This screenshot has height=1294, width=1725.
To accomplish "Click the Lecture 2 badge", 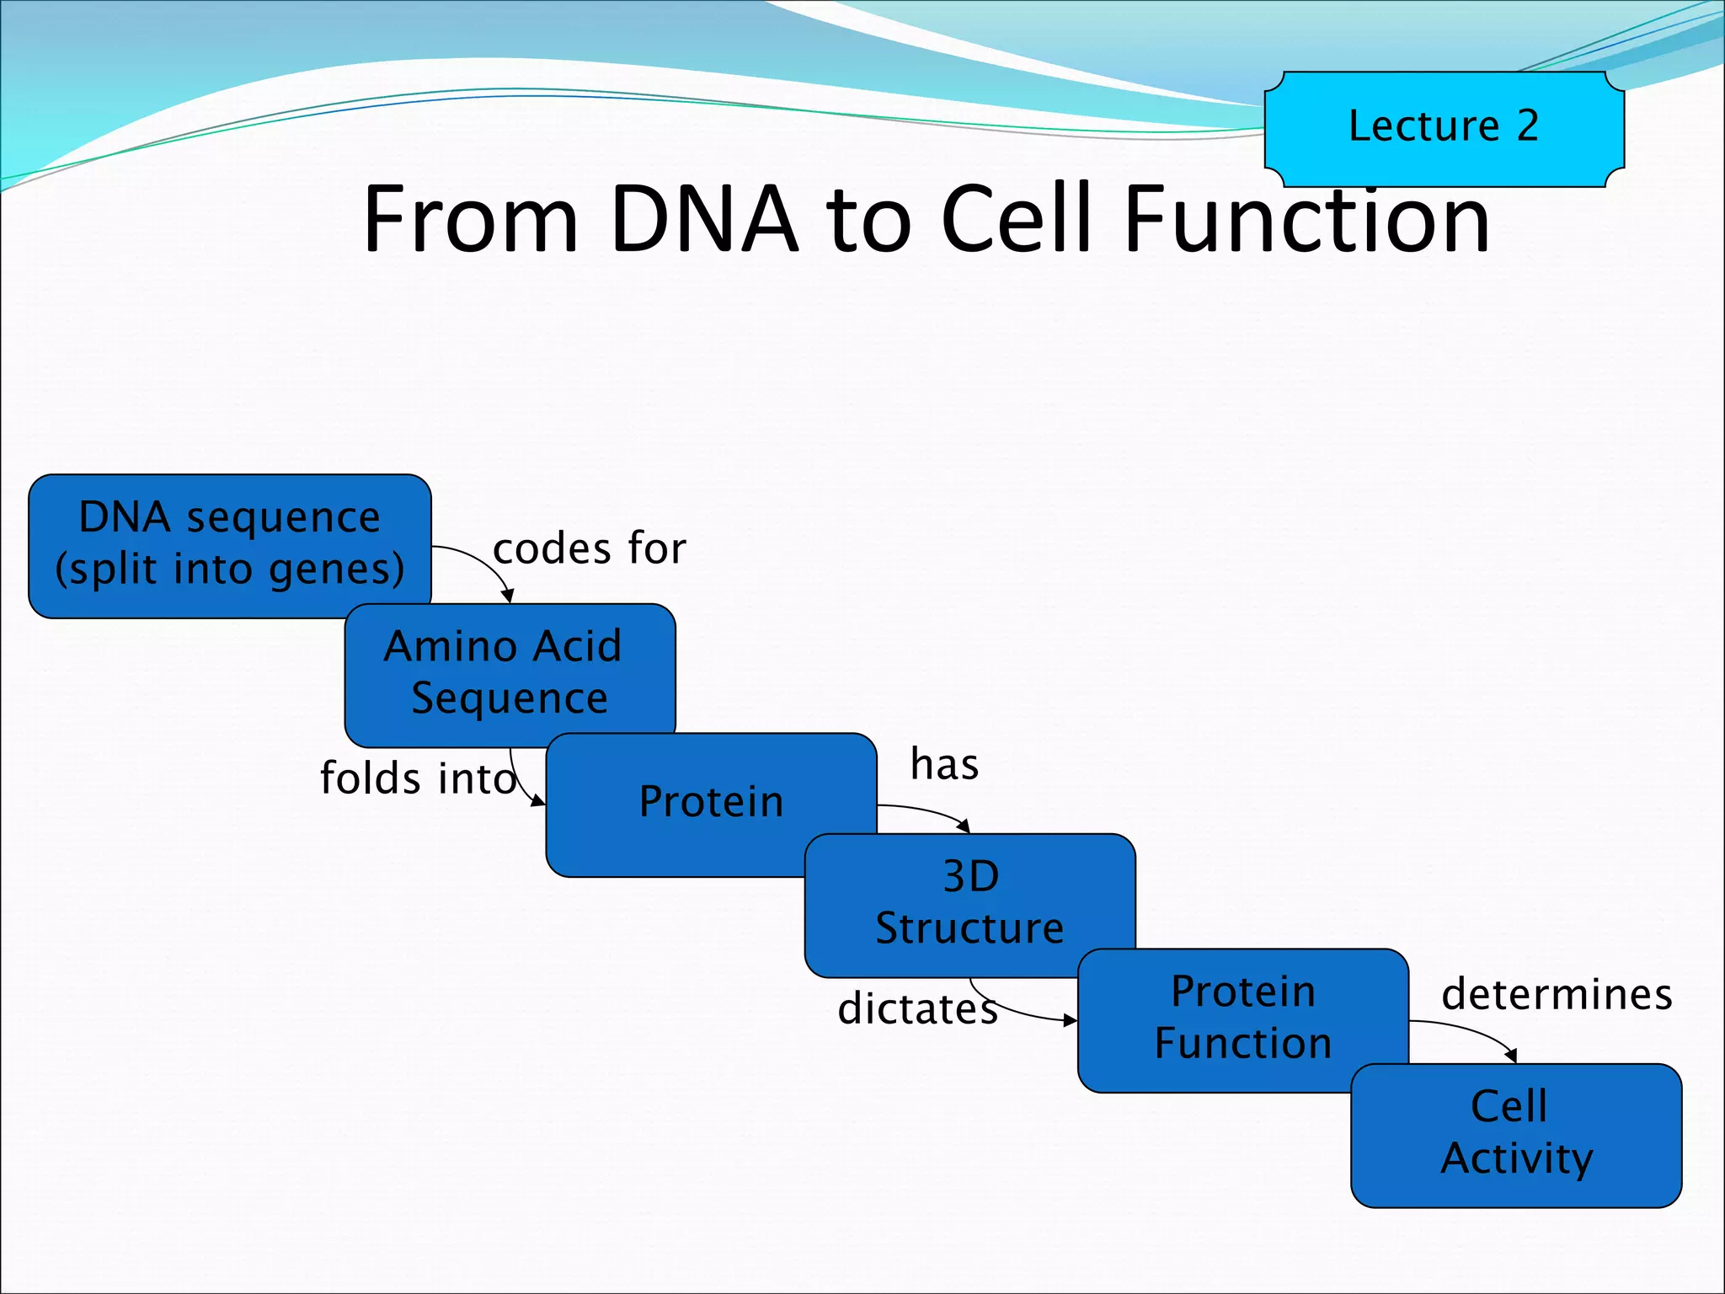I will (1444, 128).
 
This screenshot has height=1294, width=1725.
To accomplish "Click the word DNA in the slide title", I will (703, 221).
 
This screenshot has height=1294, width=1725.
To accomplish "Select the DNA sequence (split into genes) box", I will (229, 543).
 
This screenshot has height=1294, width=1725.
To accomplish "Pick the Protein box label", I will (711, 801).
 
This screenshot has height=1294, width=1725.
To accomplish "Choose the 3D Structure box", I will (969, 902).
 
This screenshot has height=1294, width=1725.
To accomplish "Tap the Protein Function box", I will (1242, 1018).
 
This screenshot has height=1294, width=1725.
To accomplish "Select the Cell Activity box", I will (1516, 1133).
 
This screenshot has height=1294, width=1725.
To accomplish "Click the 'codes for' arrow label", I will (590, 549).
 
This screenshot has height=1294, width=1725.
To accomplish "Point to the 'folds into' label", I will (418, 778).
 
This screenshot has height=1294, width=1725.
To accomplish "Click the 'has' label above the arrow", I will (944, 765).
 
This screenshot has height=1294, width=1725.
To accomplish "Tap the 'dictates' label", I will (917, 1009).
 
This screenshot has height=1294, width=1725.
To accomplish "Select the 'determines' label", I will (1557, 995).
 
